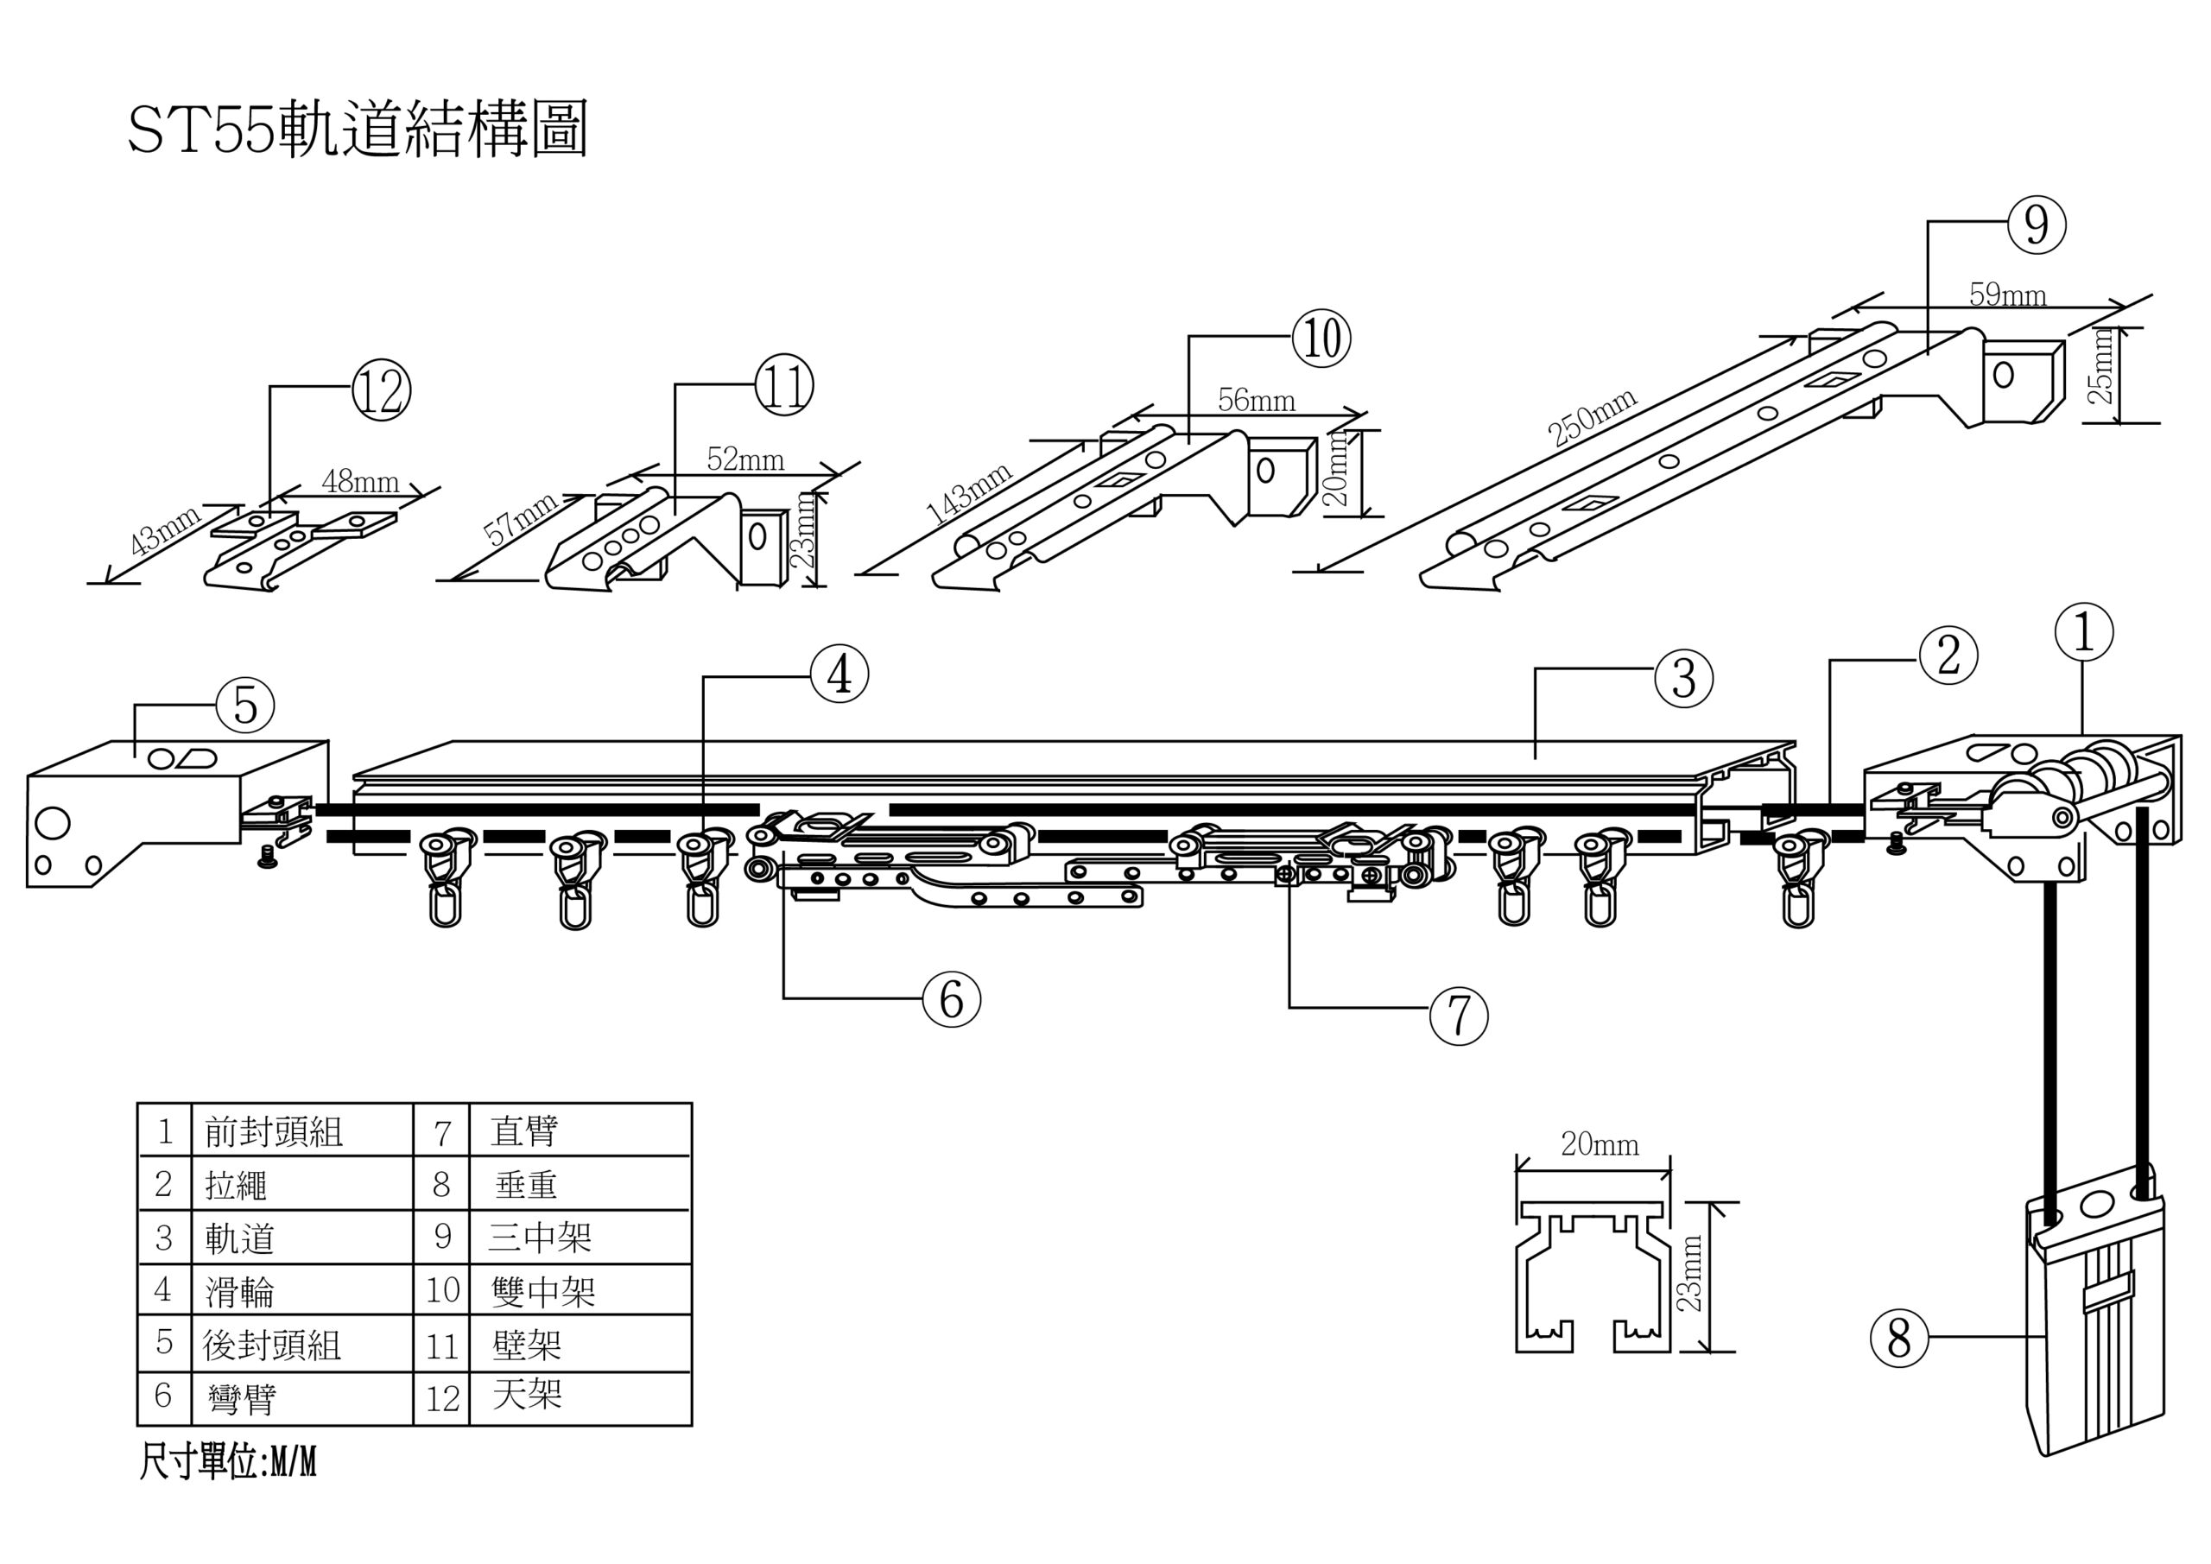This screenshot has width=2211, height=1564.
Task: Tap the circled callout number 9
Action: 2036,225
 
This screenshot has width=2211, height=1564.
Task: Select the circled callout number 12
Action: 382,391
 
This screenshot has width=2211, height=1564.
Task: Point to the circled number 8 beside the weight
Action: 1899,1338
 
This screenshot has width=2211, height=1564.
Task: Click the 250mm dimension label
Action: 1592,417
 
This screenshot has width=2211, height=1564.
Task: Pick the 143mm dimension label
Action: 969,492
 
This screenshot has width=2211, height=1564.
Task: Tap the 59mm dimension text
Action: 2007,294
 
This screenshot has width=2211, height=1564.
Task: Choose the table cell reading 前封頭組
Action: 274,1132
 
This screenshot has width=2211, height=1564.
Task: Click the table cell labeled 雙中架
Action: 543,1291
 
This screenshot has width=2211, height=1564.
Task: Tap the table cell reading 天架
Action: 526,1395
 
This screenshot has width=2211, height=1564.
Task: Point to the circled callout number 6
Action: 950,998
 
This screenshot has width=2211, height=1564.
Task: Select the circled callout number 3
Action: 1683,679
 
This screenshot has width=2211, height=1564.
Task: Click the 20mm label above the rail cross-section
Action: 1600,1144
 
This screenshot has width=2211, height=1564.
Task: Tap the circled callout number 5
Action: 245,706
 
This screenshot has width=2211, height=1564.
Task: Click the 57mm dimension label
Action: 520,520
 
